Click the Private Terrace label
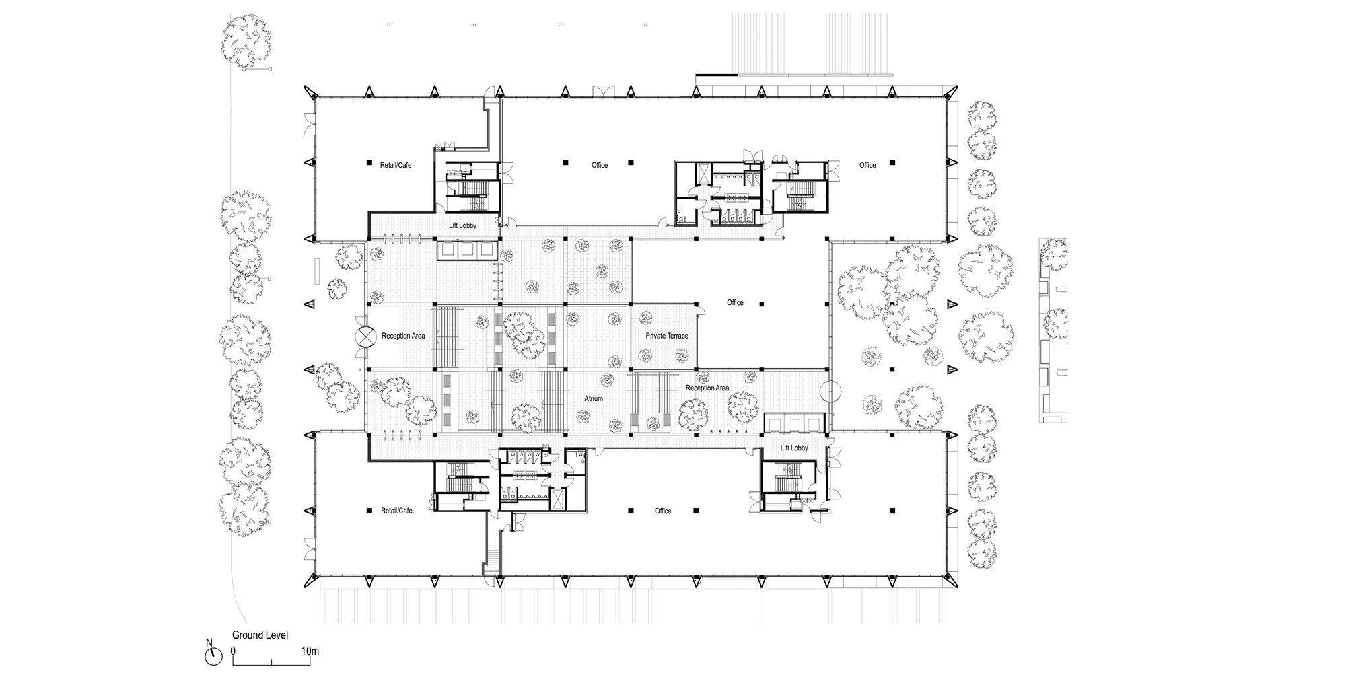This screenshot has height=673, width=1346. [667, 336]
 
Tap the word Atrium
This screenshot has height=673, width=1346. [594, 398]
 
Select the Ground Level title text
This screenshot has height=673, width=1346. [260, 635]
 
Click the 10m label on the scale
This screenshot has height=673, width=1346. [310, 651]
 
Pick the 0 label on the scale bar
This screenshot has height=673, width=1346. [233, 651]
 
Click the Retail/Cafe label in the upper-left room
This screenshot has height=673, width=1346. [396, 165]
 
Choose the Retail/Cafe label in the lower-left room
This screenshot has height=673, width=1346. [396, 511]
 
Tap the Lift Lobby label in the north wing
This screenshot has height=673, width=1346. [463, 225]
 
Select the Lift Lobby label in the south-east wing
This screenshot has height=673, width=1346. [794, 448]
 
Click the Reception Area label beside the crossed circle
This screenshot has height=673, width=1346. [403, 336]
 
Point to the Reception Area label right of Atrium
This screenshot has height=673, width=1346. [707, 388]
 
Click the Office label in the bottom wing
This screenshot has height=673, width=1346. [663, 511]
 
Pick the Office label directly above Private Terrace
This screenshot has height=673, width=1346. [735, 303]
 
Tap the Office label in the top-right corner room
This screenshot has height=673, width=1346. [867, 165]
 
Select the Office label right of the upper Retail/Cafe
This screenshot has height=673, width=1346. [600, 165]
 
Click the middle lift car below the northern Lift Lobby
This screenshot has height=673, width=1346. [467, 250]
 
